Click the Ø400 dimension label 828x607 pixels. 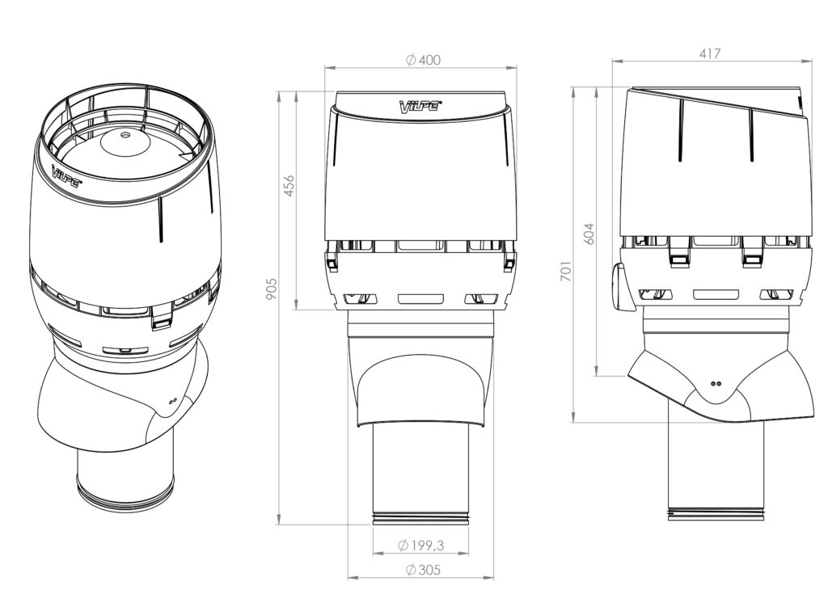tap(423, 60)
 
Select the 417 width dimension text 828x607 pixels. tap(710, 54)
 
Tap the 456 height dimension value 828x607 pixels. tap(289, 185)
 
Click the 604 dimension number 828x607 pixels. tap(589, 234)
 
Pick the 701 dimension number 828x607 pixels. tap(566, 270)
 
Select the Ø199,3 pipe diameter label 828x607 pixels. tap(420, 546)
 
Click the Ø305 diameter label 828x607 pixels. tap(422, 570)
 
